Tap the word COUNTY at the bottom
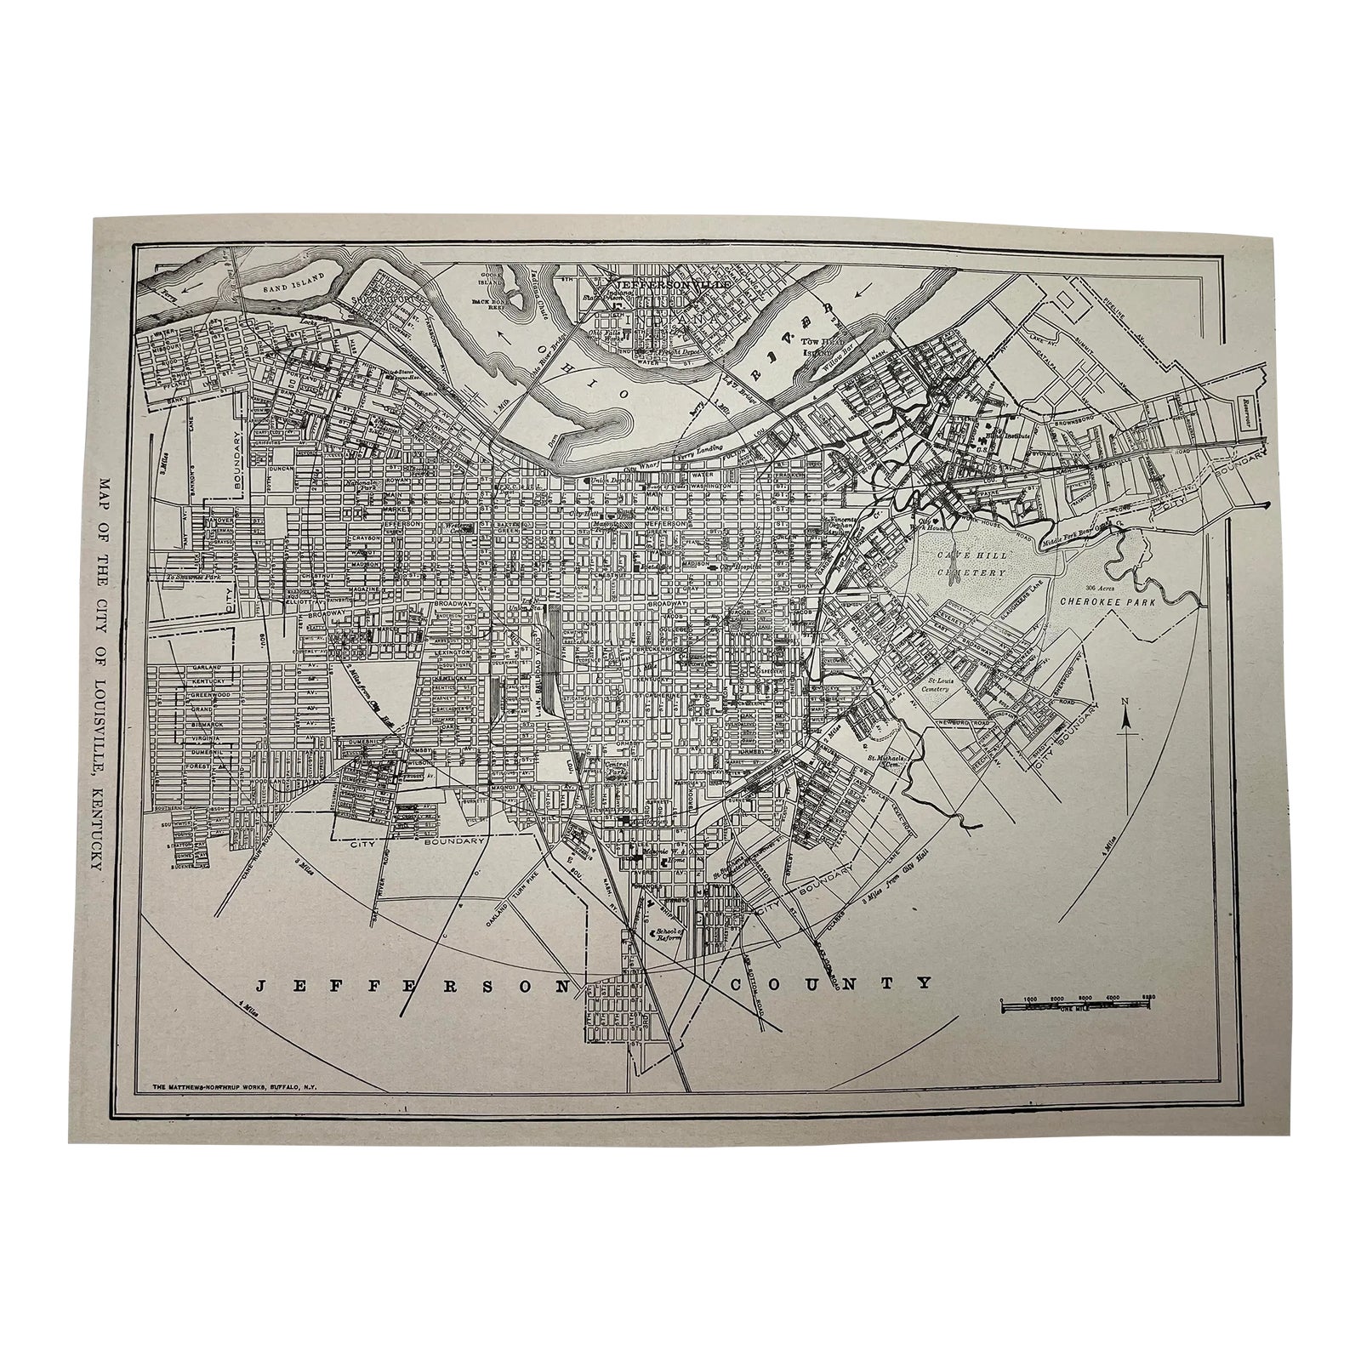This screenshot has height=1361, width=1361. click(830, 984)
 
